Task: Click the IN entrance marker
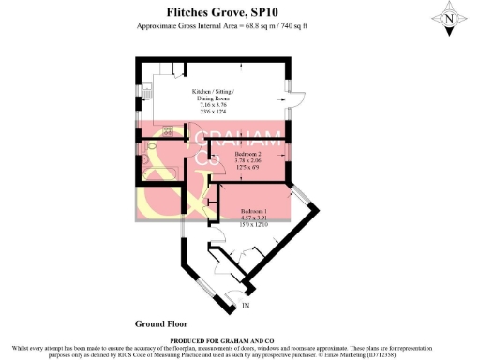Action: [247, 306]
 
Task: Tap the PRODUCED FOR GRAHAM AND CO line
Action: [239, 339]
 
